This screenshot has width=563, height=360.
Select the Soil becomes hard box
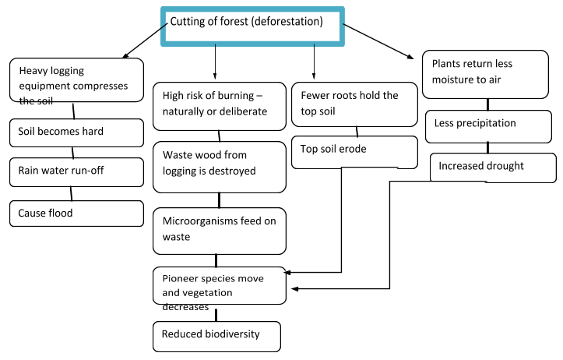point(77,132)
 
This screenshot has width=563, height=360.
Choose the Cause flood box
point(77,213)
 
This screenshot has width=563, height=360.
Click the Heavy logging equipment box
point(77,79)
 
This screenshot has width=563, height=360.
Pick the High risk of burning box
point(219,104)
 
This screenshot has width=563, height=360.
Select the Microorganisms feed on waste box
point(219,231)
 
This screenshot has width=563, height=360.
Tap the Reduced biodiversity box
point(216,336)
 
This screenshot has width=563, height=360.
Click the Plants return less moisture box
point(485,75)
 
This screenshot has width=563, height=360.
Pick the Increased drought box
point(493,167)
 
